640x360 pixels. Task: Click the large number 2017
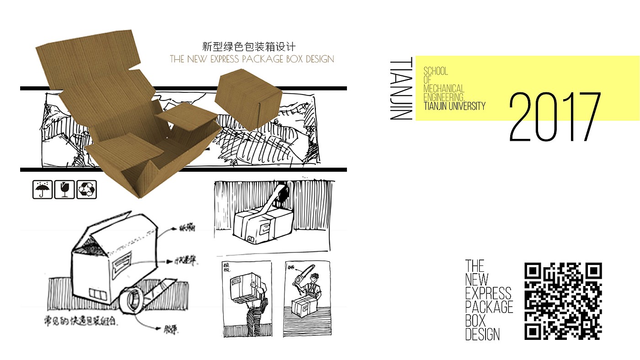[x=555, y=117]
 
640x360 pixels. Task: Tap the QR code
[x=563, y=301]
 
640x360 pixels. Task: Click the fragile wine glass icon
[x=64, y=190]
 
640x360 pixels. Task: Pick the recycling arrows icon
[x=86, y=190]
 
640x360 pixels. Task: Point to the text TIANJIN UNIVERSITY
[x=454, y=106]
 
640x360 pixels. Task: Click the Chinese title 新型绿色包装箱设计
[x=249, y=47]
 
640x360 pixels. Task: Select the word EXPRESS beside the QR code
[x=488, y=293]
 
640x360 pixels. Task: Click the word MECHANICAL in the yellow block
[x=444, y=89]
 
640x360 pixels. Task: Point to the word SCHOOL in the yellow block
[x=436, y=71]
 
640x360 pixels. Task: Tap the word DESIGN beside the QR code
[x=482, y=334]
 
